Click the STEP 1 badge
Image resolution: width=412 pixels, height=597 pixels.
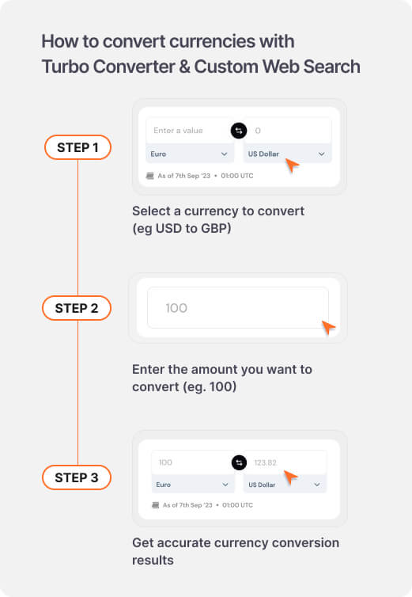pos(77,147)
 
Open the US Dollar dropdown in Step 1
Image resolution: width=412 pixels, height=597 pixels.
pos(286,154)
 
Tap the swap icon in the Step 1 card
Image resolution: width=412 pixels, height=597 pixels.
pos(238,131)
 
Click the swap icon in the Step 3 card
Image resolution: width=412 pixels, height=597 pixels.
pos(238,462)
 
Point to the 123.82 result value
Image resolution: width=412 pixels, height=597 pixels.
pos(265,462)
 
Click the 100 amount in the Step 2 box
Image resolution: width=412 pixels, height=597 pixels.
pos(176,308)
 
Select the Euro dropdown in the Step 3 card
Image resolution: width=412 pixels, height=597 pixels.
pos(192,484)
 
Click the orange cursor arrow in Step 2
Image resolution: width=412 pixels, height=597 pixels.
pos(328,327)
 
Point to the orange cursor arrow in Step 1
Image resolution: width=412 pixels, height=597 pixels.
pos(292,165)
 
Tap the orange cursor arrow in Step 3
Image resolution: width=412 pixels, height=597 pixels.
pos(290,477)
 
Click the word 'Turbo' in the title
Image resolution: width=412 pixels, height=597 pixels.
pos(66,67)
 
